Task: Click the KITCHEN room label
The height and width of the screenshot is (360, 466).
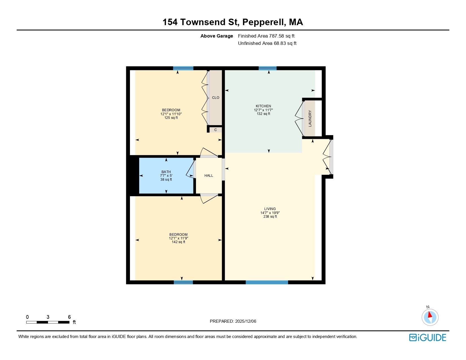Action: (263, 106)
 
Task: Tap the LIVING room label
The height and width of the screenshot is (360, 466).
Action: (270, 209)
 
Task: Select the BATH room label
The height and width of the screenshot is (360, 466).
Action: (166, 172)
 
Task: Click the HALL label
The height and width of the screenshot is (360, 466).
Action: (209, 176)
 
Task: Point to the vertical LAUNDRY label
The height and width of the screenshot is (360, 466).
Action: (310, 118)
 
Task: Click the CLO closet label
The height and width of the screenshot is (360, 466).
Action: (215, 98)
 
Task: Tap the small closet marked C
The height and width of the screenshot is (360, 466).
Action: (215, 130)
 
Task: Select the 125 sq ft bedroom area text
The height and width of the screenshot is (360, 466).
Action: (171, 118)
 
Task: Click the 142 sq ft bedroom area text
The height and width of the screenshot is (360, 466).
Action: (178, 242)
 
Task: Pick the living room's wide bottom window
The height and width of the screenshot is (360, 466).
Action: (267, 282)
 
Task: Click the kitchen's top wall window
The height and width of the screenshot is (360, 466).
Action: (267, 68)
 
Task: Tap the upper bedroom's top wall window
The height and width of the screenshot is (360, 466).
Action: (183, 68)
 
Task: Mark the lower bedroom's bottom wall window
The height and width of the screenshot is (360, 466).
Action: (183, 282)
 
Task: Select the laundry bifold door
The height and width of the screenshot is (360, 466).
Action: (299, 118)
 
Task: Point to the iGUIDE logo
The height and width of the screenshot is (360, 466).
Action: (428, 337)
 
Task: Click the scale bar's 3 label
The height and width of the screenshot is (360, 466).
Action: (48, 317)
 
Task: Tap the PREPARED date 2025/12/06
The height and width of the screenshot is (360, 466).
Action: (245, 321)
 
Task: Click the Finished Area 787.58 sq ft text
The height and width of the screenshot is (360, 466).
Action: (266, 36)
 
